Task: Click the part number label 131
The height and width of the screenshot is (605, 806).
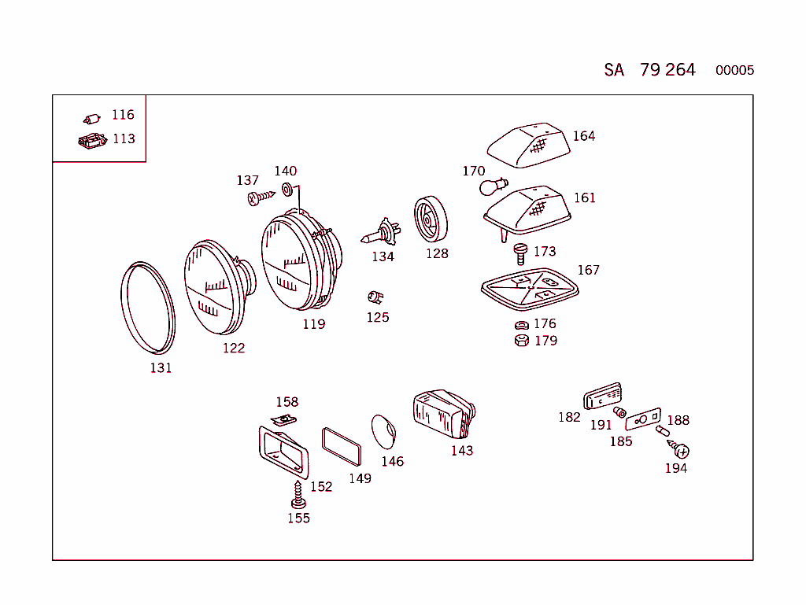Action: point(161,367)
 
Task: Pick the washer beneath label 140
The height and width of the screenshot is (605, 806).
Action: point(287,189)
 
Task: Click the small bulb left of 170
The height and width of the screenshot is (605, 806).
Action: point(491,187)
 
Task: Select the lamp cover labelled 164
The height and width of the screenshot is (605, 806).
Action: point(529,146)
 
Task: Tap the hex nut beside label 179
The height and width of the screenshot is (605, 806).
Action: point(520,341)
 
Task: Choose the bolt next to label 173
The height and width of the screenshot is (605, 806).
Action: point(519,252)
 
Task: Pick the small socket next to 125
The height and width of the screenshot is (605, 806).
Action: point(375,297)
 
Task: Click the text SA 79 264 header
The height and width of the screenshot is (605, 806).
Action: point(650,70)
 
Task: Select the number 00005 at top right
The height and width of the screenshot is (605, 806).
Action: point(734,71)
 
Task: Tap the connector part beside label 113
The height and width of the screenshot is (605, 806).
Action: point(92,141)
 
